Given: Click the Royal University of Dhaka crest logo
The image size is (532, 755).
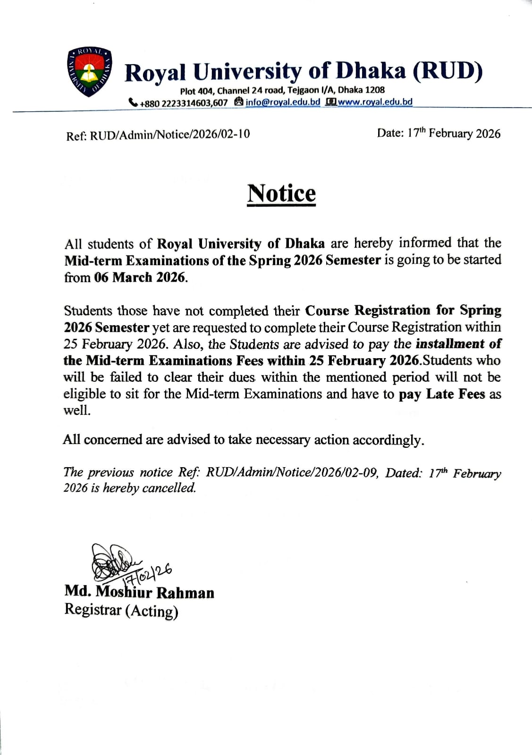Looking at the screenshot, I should (89, 72).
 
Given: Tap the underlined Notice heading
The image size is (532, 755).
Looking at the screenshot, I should (282, 193).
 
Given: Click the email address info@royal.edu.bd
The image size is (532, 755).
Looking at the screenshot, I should (283, 102).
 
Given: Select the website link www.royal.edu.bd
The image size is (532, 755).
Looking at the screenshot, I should (375, 102).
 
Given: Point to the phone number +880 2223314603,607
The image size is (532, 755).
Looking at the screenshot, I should (184, 103).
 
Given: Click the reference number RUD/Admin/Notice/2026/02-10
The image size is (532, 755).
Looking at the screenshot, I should (170, 134).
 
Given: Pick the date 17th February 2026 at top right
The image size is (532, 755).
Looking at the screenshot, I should (438, 134).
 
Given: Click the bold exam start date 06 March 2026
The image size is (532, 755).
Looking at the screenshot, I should (140, 277).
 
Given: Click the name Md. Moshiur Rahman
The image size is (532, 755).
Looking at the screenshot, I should (139, 592).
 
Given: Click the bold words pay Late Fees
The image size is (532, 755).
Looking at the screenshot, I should (442, 394).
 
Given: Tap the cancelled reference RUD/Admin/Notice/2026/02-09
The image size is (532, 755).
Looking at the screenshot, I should (292, 472).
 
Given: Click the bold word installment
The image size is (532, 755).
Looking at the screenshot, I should (450, 344).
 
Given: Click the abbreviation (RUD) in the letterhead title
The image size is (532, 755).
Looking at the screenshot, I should (448, 71).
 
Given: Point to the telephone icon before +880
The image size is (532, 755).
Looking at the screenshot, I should (133, 102).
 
